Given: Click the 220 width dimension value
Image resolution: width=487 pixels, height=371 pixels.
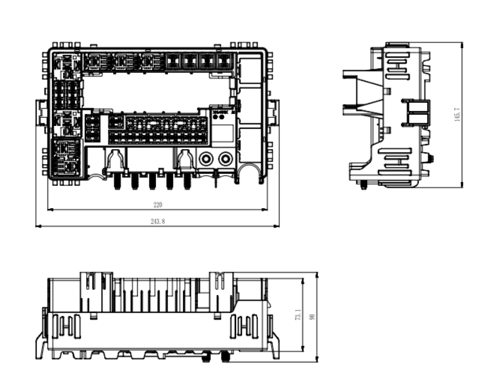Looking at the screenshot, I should (157, 204).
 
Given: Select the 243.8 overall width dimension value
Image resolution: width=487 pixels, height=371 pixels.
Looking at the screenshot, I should (157, 221).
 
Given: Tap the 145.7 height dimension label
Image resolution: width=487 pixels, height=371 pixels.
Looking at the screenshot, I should (456, 114).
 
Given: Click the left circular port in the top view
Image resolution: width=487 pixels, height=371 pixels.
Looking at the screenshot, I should (205, 160).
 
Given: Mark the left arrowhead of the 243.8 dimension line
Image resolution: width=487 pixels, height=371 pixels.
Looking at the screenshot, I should (38, 226).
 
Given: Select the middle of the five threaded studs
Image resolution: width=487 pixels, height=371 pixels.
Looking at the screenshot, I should (152, 181).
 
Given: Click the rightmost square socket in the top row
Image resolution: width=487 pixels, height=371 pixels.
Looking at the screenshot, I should (223, 61).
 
